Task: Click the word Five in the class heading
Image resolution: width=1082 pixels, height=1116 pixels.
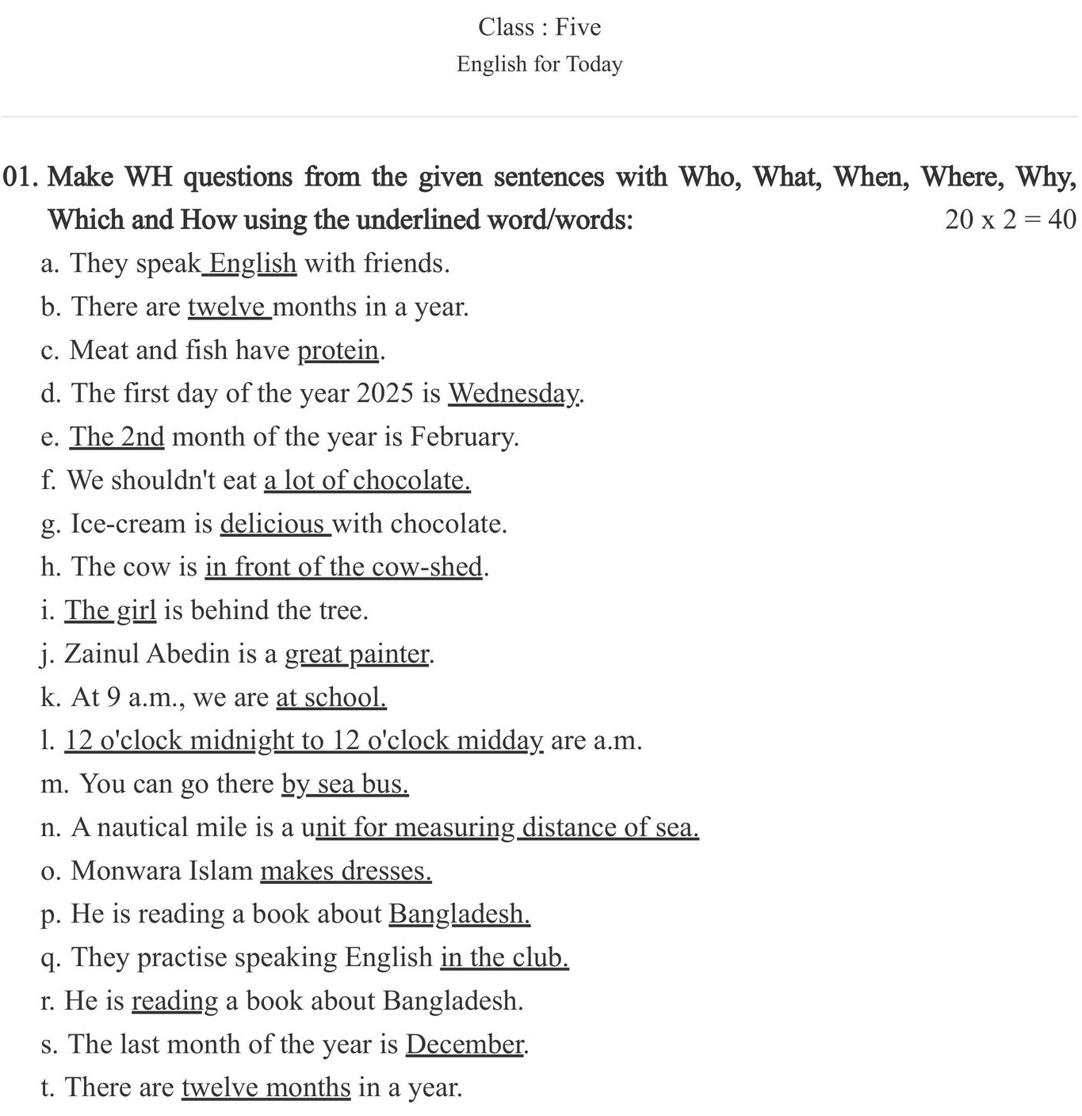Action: click(578, 27)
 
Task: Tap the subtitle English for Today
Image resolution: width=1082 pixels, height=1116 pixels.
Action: click(539, 64)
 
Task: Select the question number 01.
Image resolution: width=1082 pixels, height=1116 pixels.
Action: click(21, 177)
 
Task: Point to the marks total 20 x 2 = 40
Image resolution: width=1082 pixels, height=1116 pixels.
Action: click(1010, 220)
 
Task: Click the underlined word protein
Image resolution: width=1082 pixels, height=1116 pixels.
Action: click(338, 350)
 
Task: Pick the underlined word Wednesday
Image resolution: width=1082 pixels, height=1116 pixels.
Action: click(514, 393)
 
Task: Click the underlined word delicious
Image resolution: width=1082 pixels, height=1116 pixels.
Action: click(273, 524)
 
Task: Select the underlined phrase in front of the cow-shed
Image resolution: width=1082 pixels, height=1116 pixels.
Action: click(343, 567)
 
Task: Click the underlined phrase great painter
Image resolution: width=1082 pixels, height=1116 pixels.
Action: click(357, 654)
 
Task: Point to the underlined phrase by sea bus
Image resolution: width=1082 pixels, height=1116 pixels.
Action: click(345, 784)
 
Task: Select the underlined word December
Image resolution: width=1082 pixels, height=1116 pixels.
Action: click(465, 1044)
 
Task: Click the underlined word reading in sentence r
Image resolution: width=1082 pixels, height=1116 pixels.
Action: click(174, 1001)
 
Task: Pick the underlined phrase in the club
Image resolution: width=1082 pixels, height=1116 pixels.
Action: click(504, 957)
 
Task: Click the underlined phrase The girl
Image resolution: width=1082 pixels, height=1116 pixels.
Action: click(110, 610)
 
